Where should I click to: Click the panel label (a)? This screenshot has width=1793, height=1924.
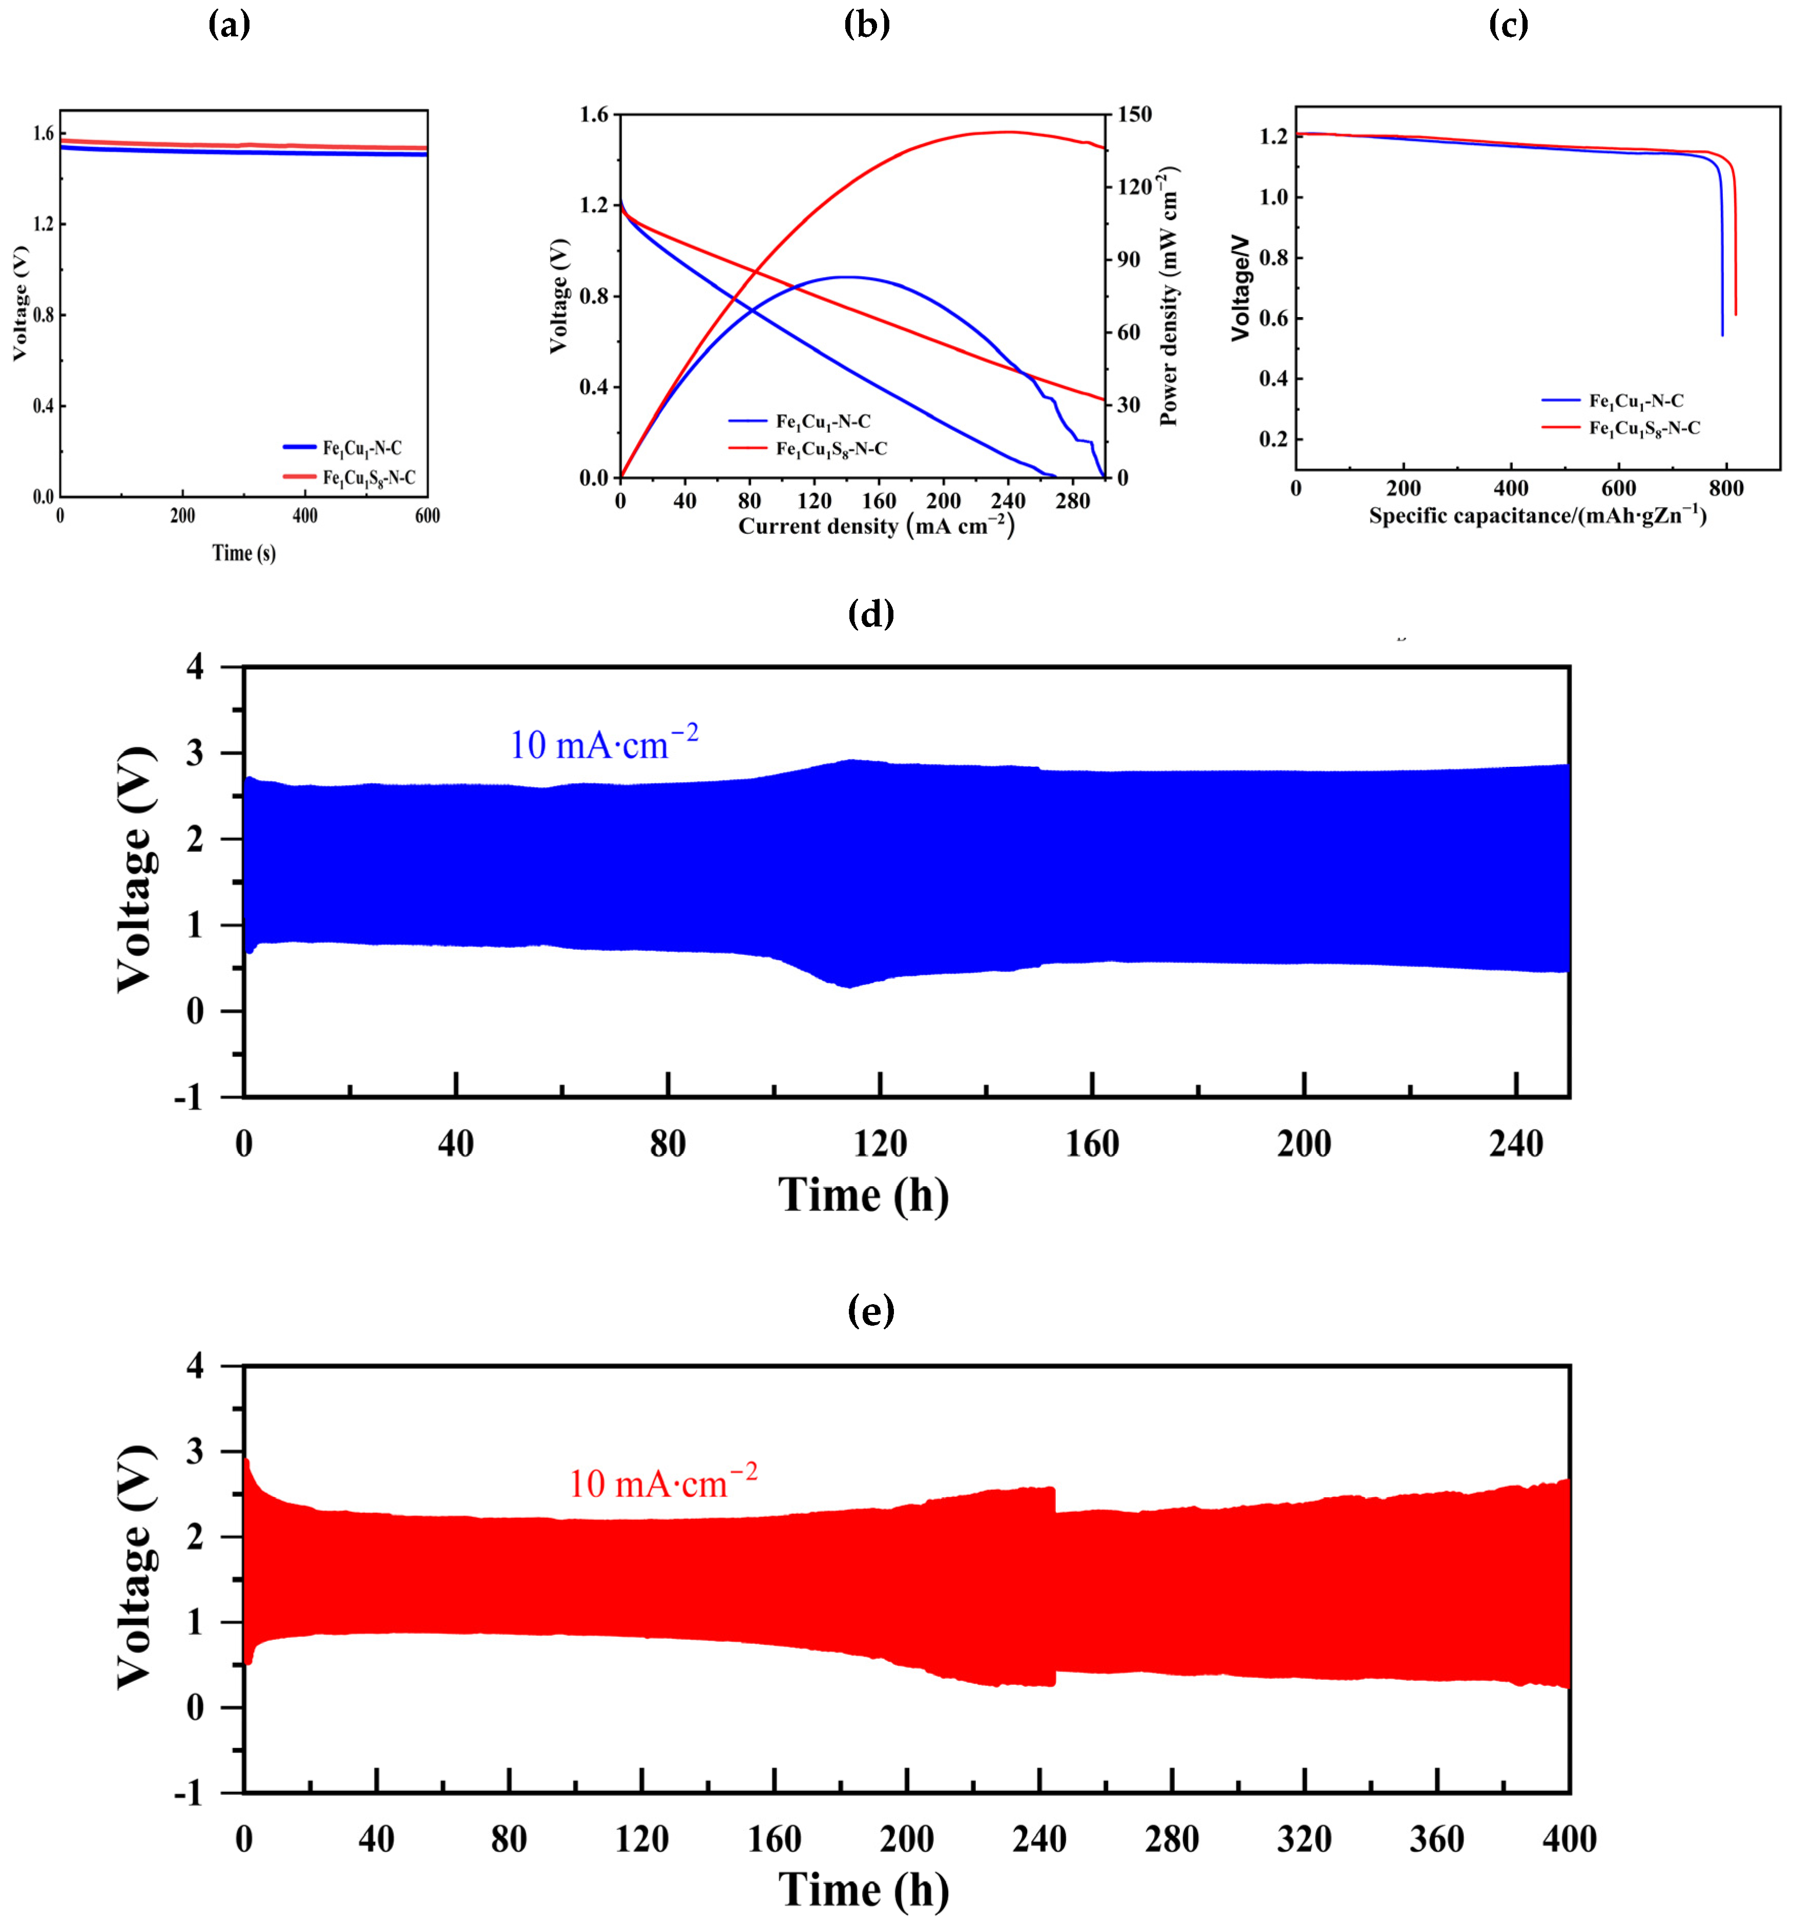point(230,25)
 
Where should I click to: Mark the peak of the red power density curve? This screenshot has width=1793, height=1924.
point(1006,132)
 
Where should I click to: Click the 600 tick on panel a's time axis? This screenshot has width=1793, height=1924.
point(427,516)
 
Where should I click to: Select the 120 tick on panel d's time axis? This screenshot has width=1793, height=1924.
point(880,1145)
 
